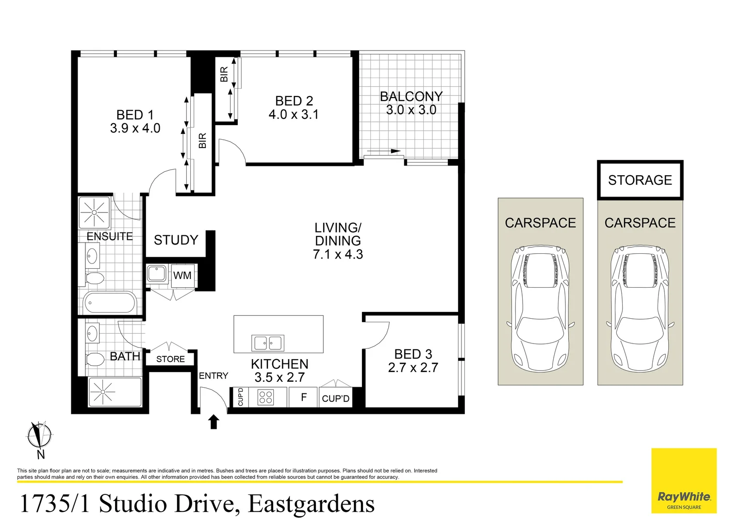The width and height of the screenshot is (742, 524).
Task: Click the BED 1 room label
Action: pos(135,115)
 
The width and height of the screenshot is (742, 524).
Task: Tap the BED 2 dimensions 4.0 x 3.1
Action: pos(294,115)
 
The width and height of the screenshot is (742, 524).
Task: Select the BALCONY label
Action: pos(411,97)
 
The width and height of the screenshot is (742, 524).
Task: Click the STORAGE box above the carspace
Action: pos(640,180)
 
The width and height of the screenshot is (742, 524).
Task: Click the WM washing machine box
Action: pos(182,276)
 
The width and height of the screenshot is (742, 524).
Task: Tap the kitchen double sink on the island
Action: pos(268,343)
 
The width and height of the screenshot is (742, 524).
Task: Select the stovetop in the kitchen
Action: pos(265,397)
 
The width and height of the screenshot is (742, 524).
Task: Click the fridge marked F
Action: pos(304,397)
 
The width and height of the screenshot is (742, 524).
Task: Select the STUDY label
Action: pos(176,240)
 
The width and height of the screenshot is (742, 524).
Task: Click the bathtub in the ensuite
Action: pos(110,303)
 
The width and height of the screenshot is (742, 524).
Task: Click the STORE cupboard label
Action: pos(170,359)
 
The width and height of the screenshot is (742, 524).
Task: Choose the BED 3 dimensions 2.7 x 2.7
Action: pos(413,368)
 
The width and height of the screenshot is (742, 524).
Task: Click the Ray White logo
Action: pos(684,497)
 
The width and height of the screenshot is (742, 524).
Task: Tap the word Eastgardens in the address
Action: pos(311,504)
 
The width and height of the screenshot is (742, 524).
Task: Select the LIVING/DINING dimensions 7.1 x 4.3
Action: pos(338,254)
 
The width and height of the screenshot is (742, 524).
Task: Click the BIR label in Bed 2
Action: pos(224,74)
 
